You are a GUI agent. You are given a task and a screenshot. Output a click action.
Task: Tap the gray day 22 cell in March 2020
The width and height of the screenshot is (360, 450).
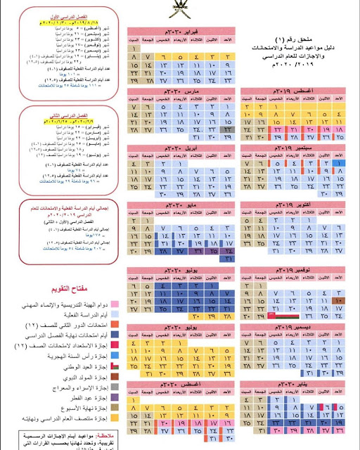[x=229, y=130]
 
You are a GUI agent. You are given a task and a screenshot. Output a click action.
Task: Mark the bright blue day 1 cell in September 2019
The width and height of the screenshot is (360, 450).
[x=337, y=163]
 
